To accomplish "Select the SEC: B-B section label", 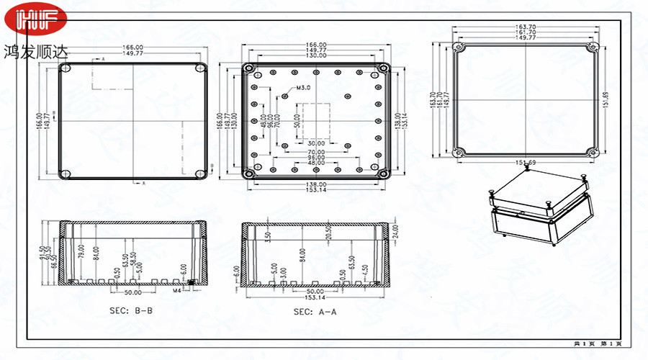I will point(132,310).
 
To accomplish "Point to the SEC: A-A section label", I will point(315,312).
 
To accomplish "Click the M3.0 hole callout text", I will point(303,88).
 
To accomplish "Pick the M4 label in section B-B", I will point(176,291).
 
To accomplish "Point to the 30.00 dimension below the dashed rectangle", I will point(315,143).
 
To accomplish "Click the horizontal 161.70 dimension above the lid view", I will point(526,32).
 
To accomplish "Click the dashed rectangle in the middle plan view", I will point(315,121).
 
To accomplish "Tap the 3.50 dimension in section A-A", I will point(268,235).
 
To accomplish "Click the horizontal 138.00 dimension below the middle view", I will point(315,184).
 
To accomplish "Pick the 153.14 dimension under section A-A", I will point(315,297).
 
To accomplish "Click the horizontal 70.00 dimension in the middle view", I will point(315,153).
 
